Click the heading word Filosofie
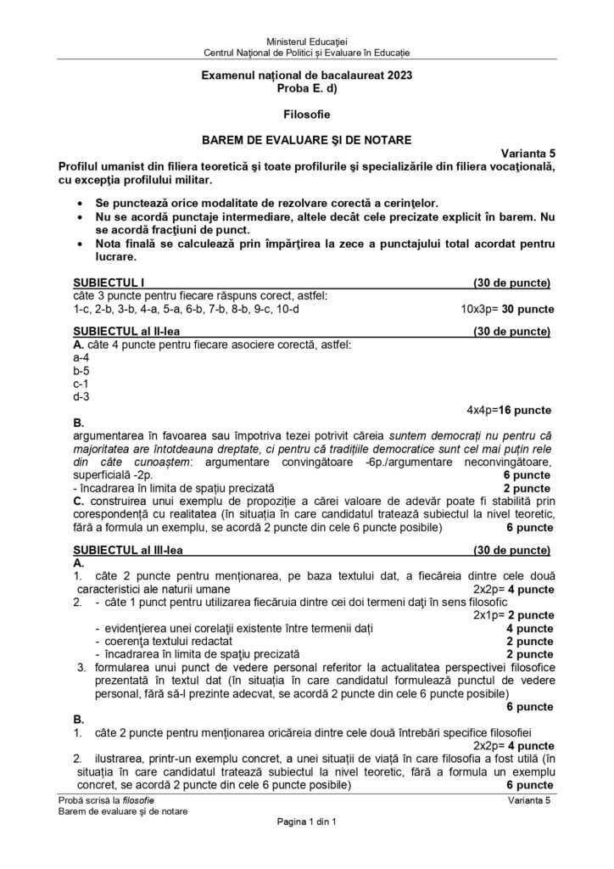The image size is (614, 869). coord(307,113)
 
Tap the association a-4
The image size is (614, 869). coord(82,357)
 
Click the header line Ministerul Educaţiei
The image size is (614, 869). coord(307,41)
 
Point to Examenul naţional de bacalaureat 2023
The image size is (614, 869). coord(307,76)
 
